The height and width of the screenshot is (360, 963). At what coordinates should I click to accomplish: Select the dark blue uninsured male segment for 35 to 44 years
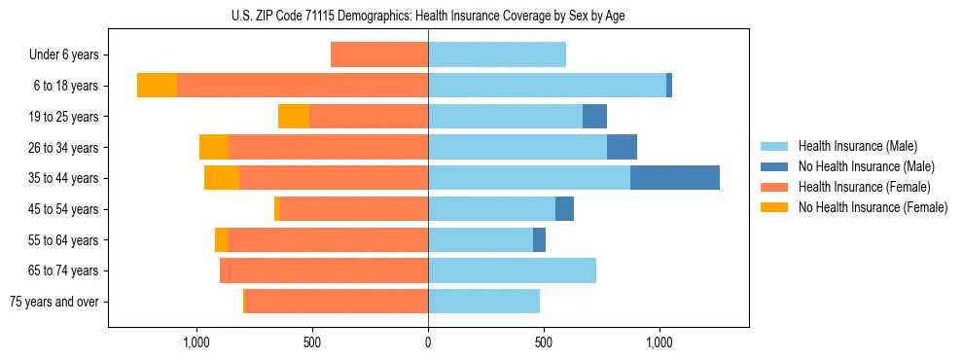pyautogui.click(x=675, y=178)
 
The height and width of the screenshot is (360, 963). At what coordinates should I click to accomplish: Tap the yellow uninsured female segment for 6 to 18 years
pyautogui.click(x=157, y=86)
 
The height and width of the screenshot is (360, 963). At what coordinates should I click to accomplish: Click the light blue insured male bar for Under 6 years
pyautogui.click(x=497, y=54)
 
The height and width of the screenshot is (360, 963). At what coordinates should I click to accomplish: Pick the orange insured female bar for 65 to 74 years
pyautogui.click(x=324, y=270)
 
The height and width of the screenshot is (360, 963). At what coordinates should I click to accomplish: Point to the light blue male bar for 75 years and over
pyautogui.click(x=483, y=302)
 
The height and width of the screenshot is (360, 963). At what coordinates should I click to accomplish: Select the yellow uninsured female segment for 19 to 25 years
pyautogui.click(x=294, y=117)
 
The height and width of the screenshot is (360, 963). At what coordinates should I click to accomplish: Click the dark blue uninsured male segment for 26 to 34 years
pyautogui.click(x=622, y=147)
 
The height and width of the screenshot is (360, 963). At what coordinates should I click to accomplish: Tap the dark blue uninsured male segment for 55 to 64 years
pyautogui.click(x=539, y=239)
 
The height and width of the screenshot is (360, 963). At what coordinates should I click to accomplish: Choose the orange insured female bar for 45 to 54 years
pyautogui.click(x=354, y=209)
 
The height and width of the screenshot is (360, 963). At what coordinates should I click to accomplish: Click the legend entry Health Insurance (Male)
pyautogui.click(x=858, y=146)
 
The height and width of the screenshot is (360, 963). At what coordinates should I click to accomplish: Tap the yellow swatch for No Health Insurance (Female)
pyautogui.click(x=775, y=207)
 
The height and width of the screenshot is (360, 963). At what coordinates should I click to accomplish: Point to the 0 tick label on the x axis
pyautogui.click(x=428, y=342)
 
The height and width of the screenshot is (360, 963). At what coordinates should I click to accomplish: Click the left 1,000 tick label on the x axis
pyautogui.click(x=196, y=342)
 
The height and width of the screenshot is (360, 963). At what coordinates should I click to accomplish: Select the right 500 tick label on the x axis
pyautogui.click(x=544, y=342)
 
